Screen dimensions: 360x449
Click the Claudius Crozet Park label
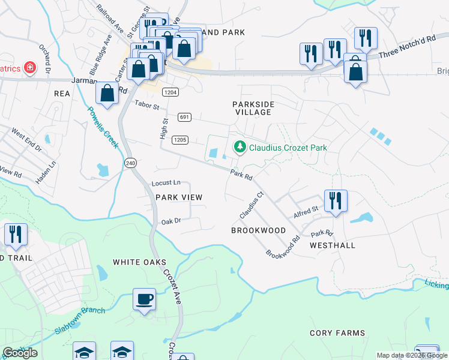288,147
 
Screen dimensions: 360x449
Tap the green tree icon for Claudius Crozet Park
240,147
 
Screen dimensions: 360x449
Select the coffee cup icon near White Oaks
144,299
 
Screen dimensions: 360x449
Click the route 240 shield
130,163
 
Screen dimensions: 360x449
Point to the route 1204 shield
170,92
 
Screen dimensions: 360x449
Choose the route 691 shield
184,116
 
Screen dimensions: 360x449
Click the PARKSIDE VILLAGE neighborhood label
253,109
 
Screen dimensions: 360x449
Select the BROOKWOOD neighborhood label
259,230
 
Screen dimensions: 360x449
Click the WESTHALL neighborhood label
333,245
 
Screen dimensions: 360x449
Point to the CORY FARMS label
337,333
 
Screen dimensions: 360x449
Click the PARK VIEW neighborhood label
179,197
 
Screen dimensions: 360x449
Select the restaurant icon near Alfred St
334,201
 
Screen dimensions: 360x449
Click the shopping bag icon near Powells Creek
107,94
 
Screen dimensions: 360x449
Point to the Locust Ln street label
167,182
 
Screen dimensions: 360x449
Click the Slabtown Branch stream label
80,313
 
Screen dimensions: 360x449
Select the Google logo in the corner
20,353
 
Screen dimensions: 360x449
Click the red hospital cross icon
29,68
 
